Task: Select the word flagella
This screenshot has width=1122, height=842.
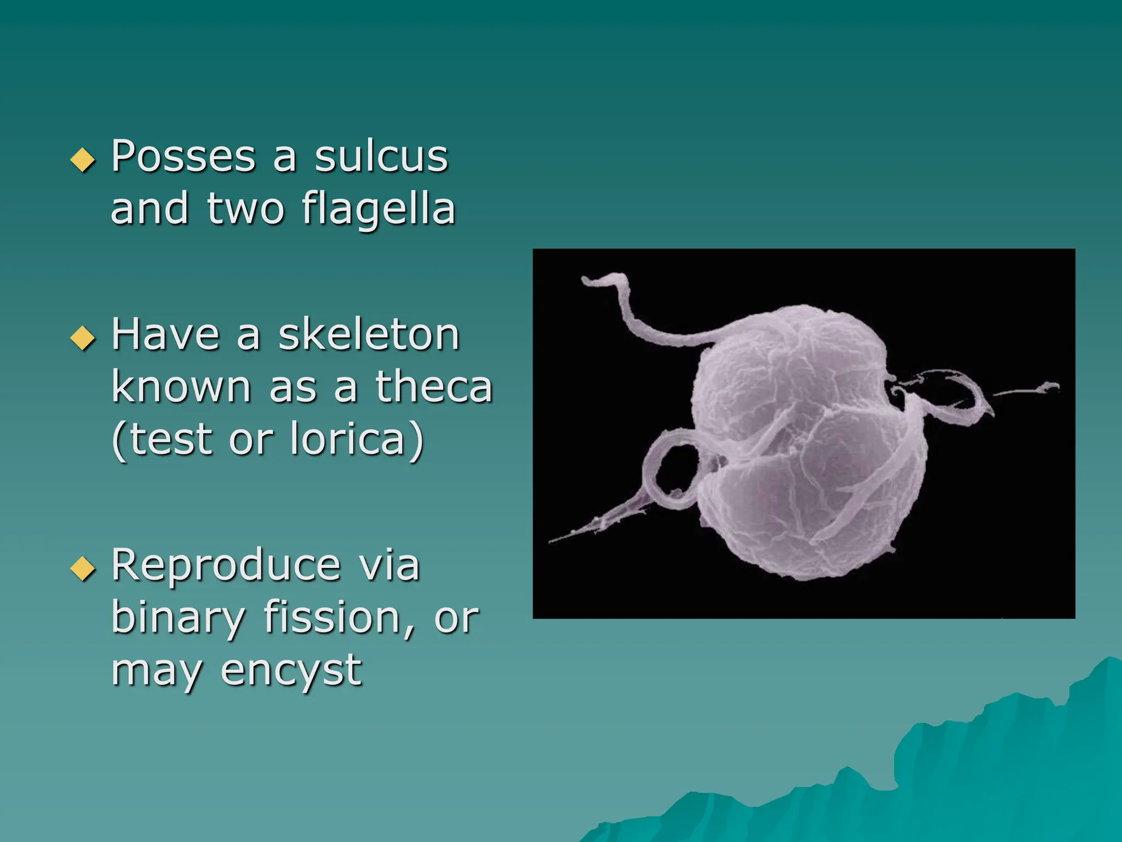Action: (379, 210)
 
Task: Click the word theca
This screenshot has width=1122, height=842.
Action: (434, 387)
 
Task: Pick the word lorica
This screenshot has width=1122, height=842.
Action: (347, 439)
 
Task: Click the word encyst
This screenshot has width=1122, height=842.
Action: (291, 670)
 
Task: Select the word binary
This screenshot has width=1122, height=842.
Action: (178, 618)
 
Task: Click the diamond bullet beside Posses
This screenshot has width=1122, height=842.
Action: (83, 160)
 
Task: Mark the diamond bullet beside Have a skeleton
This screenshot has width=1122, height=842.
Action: (83, 338)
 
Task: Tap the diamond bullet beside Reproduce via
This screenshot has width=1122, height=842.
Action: (83, 568)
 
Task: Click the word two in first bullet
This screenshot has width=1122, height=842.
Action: (245, 210)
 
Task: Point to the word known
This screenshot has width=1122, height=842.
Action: (181, 387)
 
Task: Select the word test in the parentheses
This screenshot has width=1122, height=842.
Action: (170, 439)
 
